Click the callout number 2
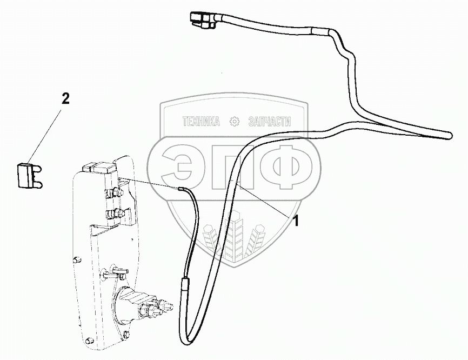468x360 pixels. pos(65,98)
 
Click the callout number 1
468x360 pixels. pos(296,220)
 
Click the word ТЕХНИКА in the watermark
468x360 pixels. pos(200,122)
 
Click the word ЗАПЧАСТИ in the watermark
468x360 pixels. pos(269,122)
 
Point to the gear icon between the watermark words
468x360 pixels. pos(235,122)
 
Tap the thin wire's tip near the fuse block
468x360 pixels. pos(181,189)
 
